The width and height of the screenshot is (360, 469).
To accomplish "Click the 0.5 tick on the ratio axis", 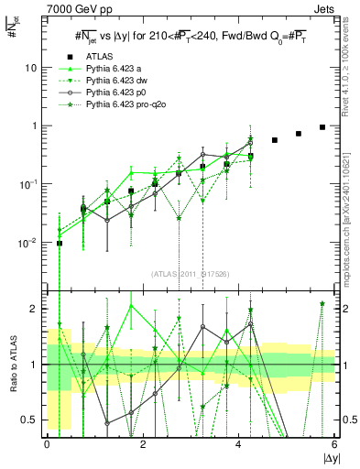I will click(x=33, y=420).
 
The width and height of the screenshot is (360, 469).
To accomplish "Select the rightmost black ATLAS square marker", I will click(x=322, y=127).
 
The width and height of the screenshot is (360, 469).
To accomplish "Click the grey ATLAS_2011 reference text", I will click(x=190, y=272).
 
